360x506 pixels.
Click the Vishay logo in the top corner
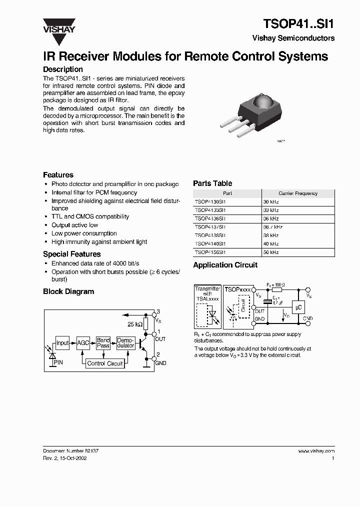point(58,24)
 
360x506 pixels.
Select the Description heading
point(62,69)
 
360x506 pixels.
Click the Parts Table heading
point(212,183)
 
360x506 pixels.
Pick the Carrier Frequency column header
point(298,193)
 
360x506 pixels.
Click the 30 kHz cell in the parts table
point(270,201)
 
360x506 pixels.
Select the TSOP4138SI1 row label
point(210,235)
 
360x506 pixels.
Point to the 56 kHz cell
point(270,252)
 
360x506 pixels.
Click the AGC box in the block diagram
point(83,343)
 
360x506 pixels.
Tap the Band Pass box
point(103,343)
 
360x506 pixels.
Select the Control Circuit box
point(105,363)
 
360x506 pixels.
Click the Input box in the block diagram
point(62,343)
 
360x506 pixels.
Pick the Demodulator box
point(125,343)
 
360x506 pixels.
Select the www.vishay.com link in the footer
point(316,450)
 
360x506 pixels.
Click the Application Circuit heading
point(225,265)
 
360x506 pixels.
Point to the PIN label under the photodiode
point(58,361)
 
